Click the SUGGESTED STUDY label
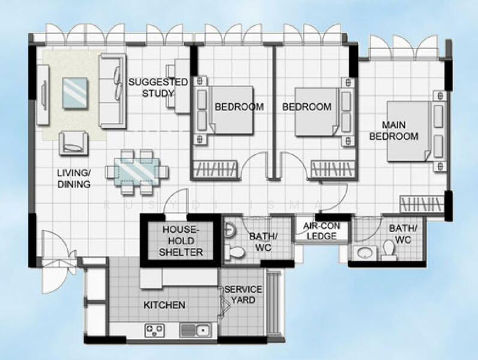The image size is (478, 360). point(158,88)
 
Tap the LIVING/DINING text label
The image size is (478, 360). point(74,179)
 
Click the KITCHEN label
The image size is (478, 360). point(164,305)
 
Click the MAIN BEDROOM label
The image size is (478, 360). point(393,131)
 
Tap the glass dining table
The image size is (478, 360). point(137,170)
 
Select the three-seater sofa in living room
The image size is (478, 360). point(113,91)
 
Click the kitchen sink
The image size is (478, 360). point(195,329)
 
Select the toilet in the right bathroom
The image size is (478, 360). point(390,250)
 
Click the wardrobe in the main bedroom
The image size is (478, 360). point(420,202)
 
